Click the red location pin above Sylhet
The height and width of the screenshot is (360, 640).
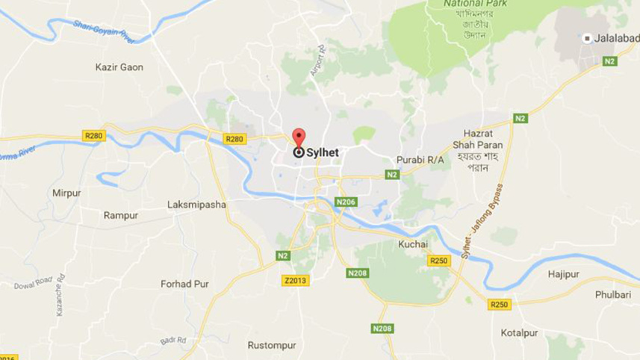(x=299, y=138)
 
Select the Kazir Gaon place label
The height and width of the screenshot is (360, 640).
(x=119, y=67)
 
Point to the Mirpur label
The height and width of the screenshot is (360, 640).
(x=66, y=193)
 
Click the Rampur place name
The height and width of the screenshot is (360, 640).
(x=120, y=215)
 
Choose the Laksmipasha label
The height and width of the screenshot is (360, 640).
(x=196, y=204)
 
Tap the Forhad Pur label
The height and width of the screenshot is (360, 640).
(x=184, y=284)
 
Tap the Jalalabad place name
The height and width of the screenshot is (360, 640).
(x=617, y=38)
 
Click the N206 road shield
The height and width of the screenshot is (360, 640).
(x=347, y=202)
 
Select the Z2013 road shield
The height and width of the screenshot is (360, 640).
(x=296, y=280)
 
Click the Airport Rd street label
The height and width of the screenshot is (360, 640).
(x=319, y=60)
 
